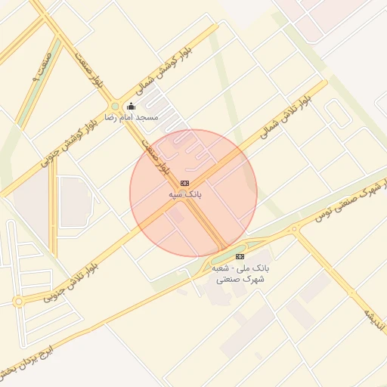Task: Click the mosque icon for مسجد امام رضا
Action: click(131, 107)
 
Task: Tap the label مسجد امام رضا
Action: click(131, 118)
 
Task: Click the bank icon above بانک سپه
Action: click(184, 184)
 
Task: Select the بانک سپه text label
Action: click(185, 195)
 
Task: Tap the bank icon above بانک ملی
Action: click(240, 256)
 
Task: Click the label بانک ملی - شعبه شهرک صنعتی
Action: click(240, 274)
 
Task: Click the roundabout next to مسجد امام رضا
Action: click(114, 107)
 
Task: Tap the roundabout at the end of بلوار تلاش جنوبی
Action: click(18, 302)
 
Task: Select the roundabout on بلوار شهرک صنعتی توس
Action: click(295, 229)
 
